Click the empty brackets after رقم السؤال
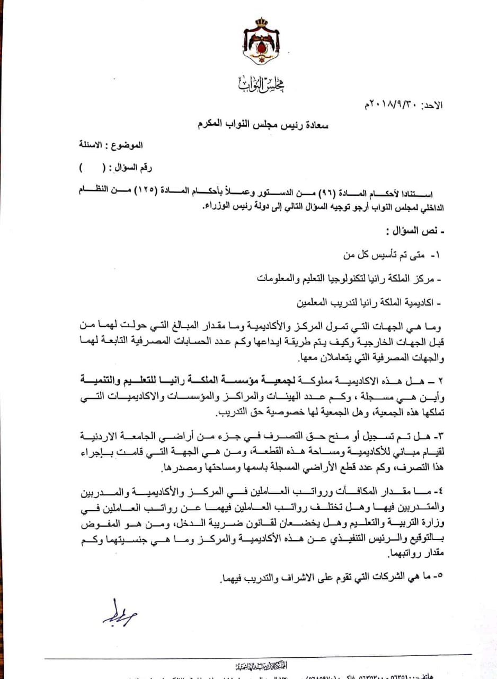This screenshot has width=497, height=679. pos(91,168)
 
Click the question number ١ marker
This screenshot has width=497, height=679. pos(436,255)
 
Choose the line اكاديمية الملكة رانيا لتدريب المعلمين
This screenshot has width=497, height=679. pos(363,303)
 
